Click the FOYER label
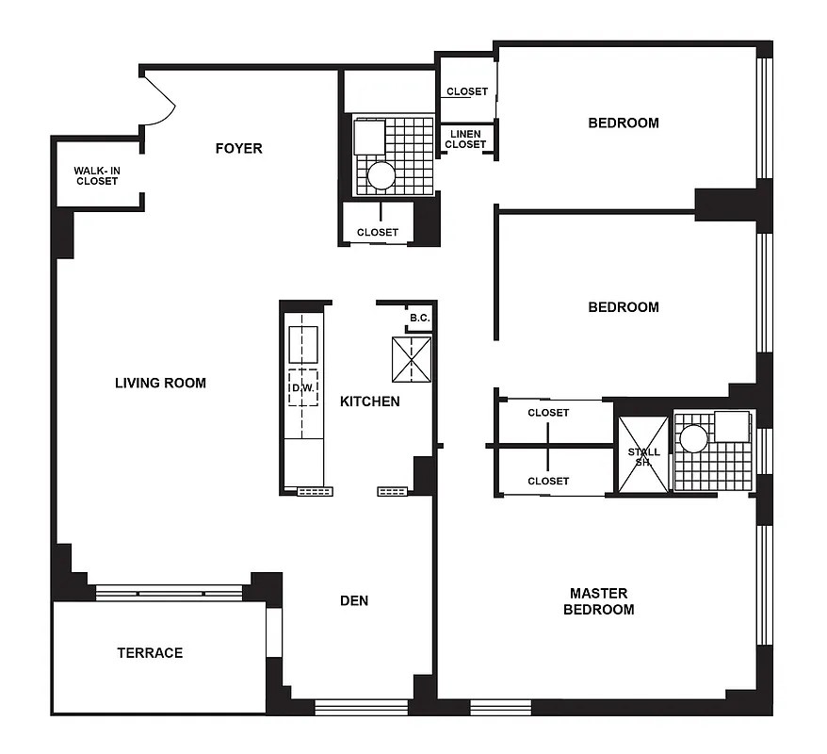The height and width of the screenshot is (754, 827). pos(238,148)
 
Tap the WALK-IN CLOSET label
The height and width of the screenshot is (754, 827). pos(97,175)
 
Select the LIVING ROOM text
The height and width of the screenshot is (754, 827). pos(160,383)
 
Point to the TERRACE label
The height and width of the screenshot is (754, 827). pos(150,652)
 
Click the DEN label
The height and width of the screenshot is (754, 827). pos(354,600)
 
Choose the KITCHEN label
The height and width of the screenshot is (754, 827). pos(369,402)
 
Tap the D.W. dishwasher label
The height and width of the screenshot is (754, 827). pos(302,387)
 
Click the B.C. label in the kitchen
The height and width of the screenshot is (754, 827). pos(420,319)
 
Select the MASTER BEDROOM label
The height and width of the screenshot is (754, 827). pos(598,601)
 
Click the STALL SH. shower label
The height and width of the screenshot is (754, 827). pos(643,457)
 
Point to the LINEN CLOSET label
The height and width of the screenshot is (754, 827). pos(465,139)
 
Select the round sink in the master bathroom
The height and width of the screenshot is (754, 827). pos(694,438)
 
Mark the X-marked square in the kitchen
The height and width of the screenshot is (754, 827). pos(411,360)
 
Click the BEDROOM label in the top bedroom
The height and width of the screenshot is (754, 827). pos(624,123)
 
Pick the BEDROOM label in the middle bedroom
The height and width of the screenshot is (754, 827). pos(624,307)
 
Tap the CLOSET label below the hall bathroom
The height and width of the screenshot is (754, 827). pos(377,232)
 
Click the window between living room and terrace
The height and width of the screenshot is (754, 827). pos(170,593)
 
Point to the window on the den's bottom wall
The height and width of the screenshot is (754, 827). pos(361,707)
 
